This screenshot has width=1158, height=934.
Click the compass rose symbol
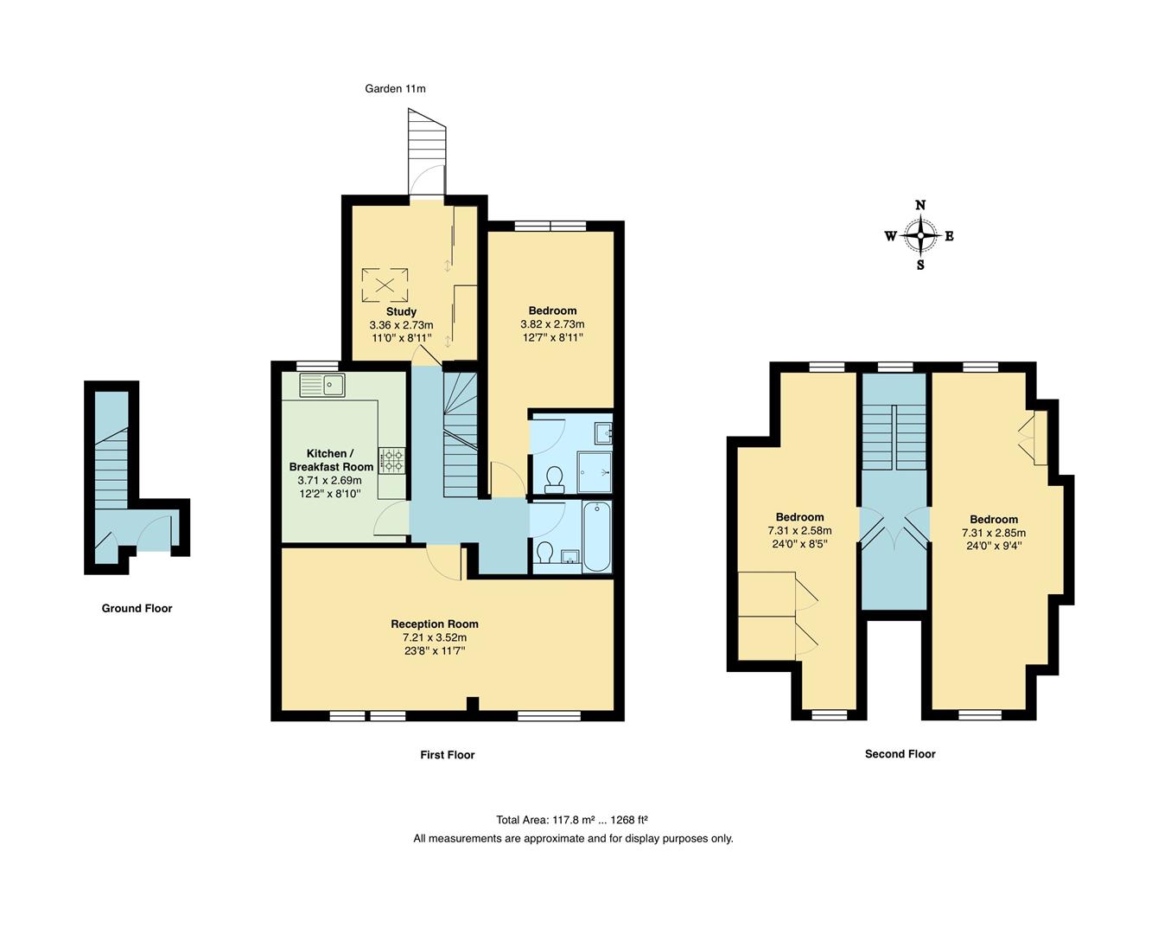tap(920, 235)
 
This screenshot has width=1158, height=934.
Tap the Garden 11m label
tap(395, 88)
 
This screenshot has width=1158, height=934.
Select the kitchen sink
tap(322, 384)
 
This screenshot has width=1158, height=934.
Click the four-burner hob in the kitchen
tap(391, 459)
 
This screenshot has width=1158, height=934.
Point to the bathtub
tap(596, 536)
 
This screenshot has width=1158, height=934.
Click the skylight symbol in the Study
tap(385, 284)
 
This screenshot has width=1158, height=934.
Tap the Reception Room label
tap(434, 624)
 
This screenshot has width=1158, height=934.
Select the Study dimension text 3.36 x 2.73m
tap(401, 325)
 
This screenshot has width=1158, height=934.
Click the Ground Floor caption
tap(137, 608)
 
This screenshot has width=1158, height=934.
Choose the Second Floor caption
tap(900, 754)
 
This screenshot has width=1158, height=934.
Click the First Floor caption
tap(447, 755)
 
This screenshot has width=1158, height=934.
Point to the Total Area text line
tap(572, 820)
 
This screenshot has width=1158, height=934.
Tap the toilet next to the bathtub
tap(545, 552)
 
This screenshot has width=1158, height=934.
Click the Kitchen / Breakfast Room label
tap(331, 460)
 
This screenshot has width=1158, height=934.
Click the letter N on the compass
tap(920, 206)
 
